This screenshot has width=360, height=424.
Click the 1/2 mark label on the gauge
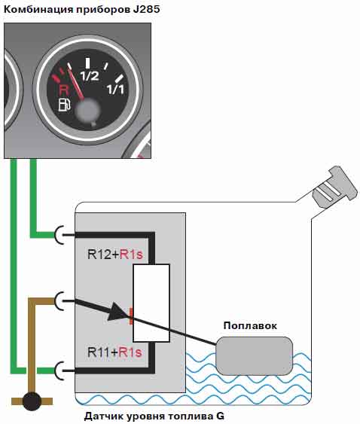coord(90,76)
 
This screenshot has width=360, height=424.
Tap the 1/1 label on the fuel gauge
coord(115,89)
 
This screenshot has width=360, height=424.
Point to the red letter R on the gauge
coord(63,90)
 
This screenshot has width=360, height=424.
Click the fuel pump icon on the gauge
coord(65,105)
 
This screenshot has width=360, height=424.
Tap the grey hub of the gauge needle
coord(87,109)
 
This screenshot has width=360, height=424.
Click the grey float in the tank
coord(255,356)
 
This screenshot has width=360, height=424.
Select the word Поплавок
coord(250,325)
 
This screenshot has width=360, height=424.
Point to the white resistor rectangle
coord(151,304)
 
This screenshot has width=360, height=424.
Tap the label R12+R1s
coord(115,255)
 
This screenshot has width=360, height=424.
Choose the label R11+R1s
coord(114,352)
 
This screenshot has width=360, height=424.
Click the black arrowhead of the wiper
coord(118,312)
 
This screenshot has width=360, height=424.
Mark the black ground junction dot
coord(32,401)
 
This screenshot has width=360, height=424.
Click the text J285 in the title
coord(146,10)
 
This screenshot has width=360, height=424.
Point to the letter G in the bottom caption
coord(220,416)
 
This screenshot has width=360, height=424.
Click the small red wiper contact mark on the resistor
coord(131,316)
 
